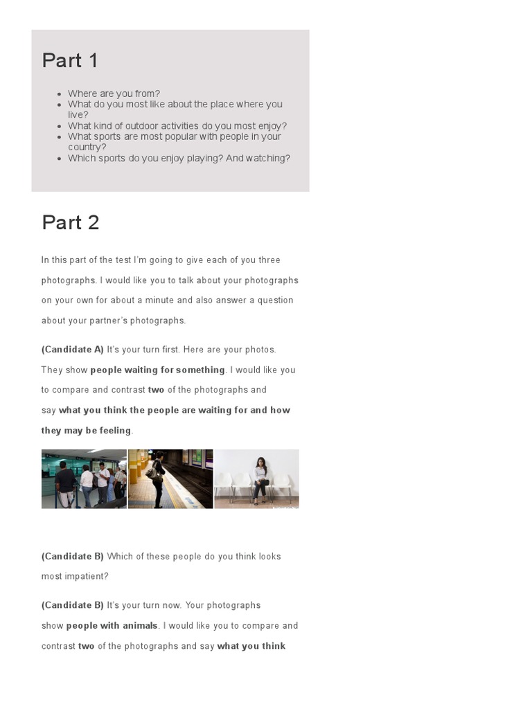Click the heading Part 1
click(x=70, y=61)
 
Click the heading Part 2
click(x=70, y=223)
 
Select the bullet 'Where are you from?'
click(x=114, y=93)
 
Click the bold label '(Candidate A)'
click(x=72, y=350)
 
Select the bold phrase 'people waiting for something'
click(x=157, y=370)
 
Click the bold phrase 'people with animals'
click(x=112, y=626)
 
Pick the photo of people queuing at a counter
click(x=84, y=479)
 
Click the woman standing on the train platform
click(x=159, y=478)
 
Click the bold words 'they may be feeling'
click(x=86, y=431)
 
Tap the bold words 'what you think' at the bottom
click(x=251, y=647)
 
